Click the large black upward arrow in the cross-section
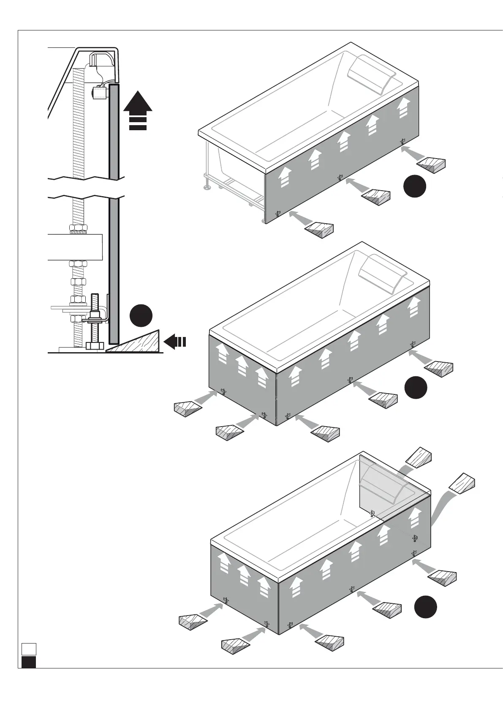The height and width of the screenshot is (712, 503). pos(137,104)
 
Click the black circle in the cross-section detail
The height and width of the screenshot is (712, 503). pos(141,315)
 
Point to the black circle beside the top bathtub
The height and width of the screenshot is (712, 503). pos(414,186)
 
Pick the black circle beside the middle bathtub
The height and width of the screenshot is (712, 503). pos(416,387)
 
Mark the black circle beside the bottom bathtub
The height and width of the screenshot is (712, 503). pos(425,607)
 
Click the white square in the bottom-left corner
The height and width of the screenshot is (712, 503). pos(29,649)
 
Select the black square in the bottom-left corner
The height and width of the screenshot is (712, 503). pos(29,662)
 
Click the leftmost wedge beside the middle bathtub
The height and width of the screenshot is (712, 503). pos(188,408)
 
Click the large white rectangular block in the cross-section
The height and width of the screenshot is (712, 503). pos(75,246)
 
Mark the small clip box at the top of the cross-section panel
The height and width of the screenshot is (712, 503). pos(100,92)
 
